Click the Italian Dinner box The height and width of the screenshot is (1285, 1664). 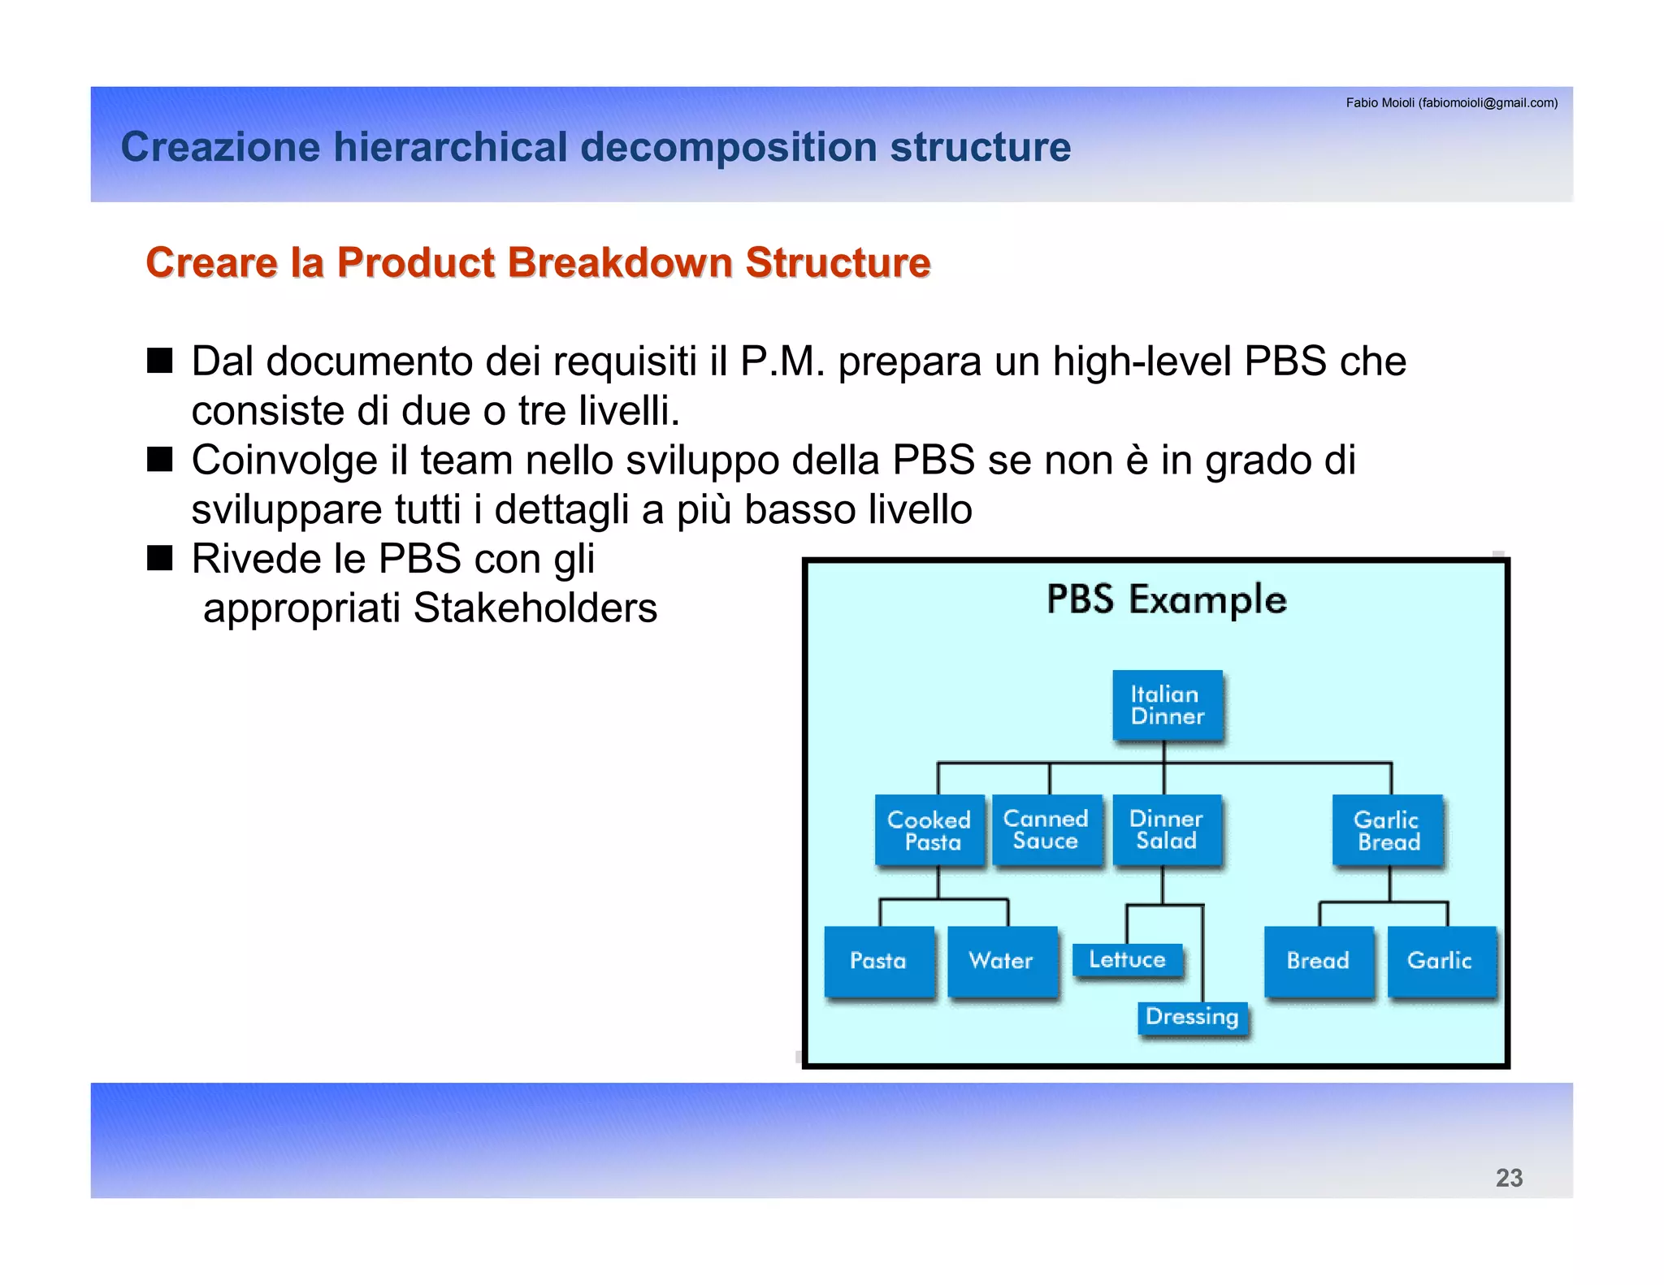click(1167, 705)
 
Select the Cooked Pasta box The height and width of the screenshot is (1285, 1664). click(929, 830)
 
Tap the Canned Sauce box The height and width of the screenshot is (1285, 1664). click(1046, 829)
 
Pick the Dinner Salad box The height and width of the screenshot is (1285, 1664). click(1167, 829)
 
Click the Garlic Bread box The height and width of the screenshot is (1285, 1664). click(1388, 830)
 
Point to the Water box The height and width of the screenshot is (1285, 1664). click(1002, 961)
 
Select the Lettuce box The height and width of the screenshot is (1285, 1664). click(1127, 960)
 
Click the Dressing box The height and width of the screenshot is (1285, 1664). click(1192, 1017)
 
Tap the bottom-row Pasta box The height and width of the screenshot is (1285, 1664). click(878, 961)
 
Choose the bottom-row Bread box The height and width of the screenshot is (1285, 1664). click(1318, 961)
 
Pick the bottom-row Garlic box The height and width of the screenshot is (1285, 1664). click(1440, 961)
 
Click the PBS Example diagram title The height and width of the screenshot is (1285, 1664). click(1167, 600)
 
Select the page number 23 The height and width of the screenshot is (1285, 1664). click(1509, 1178)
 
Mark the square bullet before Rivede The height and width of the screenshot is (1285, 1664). click(160, 559)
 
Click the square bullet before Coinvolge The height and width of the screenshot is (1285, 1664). click(160, 460)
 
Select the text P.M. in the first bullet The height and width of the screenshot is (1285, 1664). click(782, 361)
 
